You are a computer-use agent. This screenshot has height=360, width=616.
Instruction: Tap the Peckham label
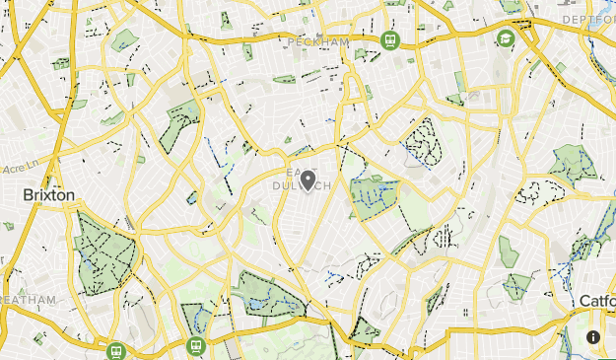coord(321,42)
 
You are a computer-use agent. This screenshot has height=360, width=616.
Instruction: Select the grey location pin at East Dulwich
coord(308,180)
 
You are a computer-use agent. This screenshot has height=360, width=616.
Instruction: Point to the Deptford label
coord(587,19)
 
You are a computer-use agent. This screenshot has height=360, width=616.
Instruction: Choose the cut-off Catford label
coord(597,301)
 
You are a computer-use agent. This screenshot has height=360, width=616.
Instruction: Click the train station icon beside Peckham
coord(389,40)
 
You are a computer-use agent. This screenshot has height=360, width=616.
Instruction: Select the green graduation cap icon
coord(506,38)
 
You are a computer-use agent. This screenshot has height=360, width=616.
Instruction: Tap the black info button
coord(593,337)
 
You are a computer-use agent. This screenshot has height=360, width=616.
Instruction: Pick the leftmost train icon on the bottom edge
coord(116,351)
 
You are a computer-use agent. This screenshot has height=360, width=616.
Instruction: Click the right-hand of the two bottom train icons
coord(195,347)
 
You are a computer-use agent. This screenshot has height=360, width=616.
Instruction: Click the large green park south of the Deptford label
coord(573,164)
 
